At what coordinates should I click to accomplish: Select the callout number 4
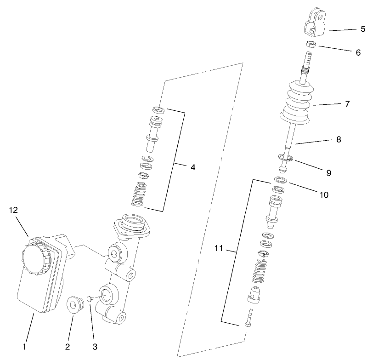193,167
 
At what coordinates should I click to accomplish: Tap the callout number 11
219,249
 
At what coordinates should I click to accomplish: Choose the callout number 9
328,173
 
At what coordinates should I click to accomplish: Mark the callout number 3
96,346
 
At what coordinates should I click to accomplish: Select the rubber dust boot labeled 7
297,103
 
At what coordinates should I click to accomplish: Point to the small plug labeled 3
90,298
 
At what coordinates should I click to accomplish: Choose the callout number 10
324,195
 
